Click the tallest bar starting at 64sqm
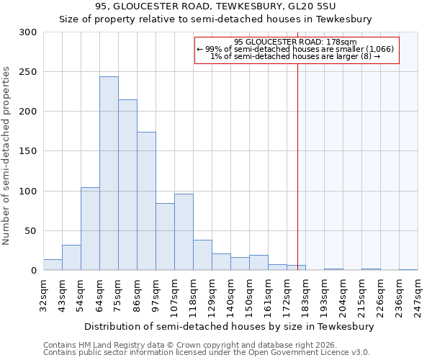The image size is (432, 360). coord(109,174)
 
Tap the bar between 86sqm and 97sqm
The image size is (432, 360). coord(146,201)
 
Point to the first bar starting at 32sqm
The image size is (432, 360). coord(53,265)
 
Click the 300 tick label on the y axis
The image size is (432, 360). coord(28,32)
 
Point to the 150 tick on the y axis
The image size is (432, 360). coord(28,151)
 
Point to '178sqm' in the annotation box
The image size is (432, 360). coord(331,42)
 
